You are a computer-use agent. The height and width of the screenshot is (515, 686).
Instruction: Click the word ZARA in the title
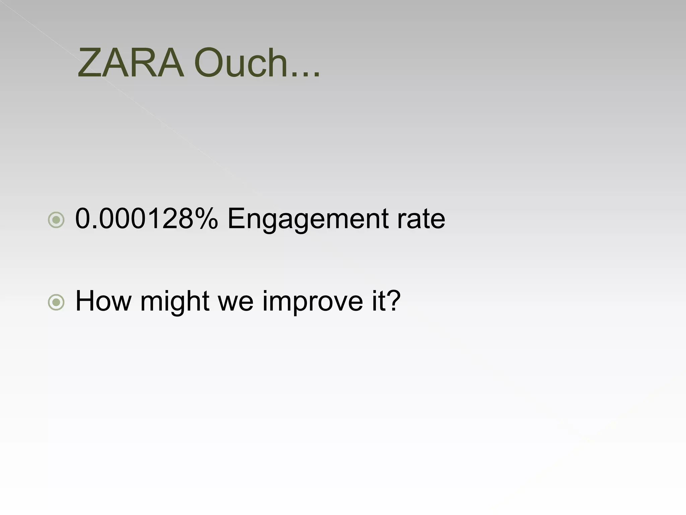(131, 63)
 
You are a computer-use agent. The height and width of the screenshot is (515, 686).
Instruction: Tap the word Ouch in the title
(241, 63)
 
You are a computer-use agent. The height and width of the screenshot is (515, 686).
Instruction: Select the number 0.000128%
(146, 219)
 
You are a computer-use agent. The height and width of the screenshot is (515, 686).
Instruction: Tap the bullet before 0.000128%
(56, 220)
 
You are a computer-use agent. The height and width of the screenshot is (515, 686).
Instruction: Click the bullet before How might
(56, 302)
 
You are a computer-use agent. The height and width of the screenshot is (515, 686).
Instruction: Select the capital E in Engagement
(236, 219)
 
